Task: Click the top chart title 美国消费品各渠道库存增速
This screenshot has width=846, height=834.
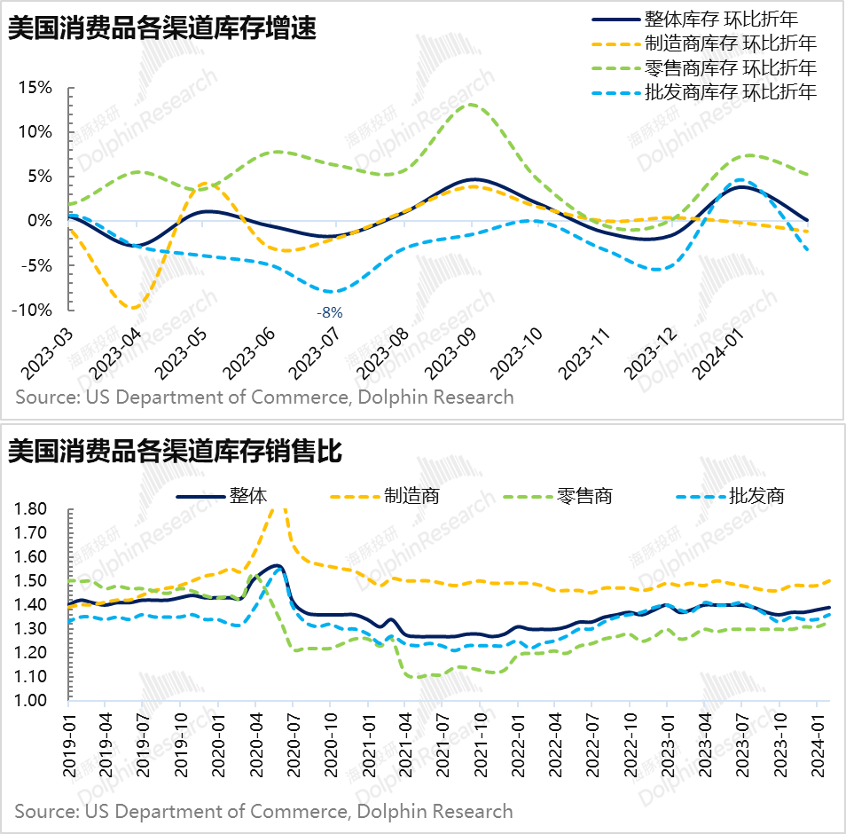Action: (163, 28)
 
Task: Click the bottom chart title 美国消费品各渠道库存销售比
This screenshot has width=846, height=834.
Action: (175, 452)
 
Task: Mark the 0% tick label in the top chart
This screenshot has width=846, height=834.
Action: (41, 221)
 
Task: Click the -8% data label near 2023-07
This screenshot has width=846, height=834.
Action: (330, 312)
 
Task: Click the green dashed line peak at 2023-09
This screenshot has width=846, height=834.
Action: (472, 105)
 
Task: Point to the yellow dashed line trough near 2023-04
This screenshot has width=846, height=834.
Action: (133, 308)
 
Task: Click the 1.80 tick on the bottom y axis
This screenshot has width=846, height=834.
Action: (32, 509)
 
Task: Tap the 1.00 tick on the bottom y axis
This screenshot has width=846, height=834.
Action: (32, 701)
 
